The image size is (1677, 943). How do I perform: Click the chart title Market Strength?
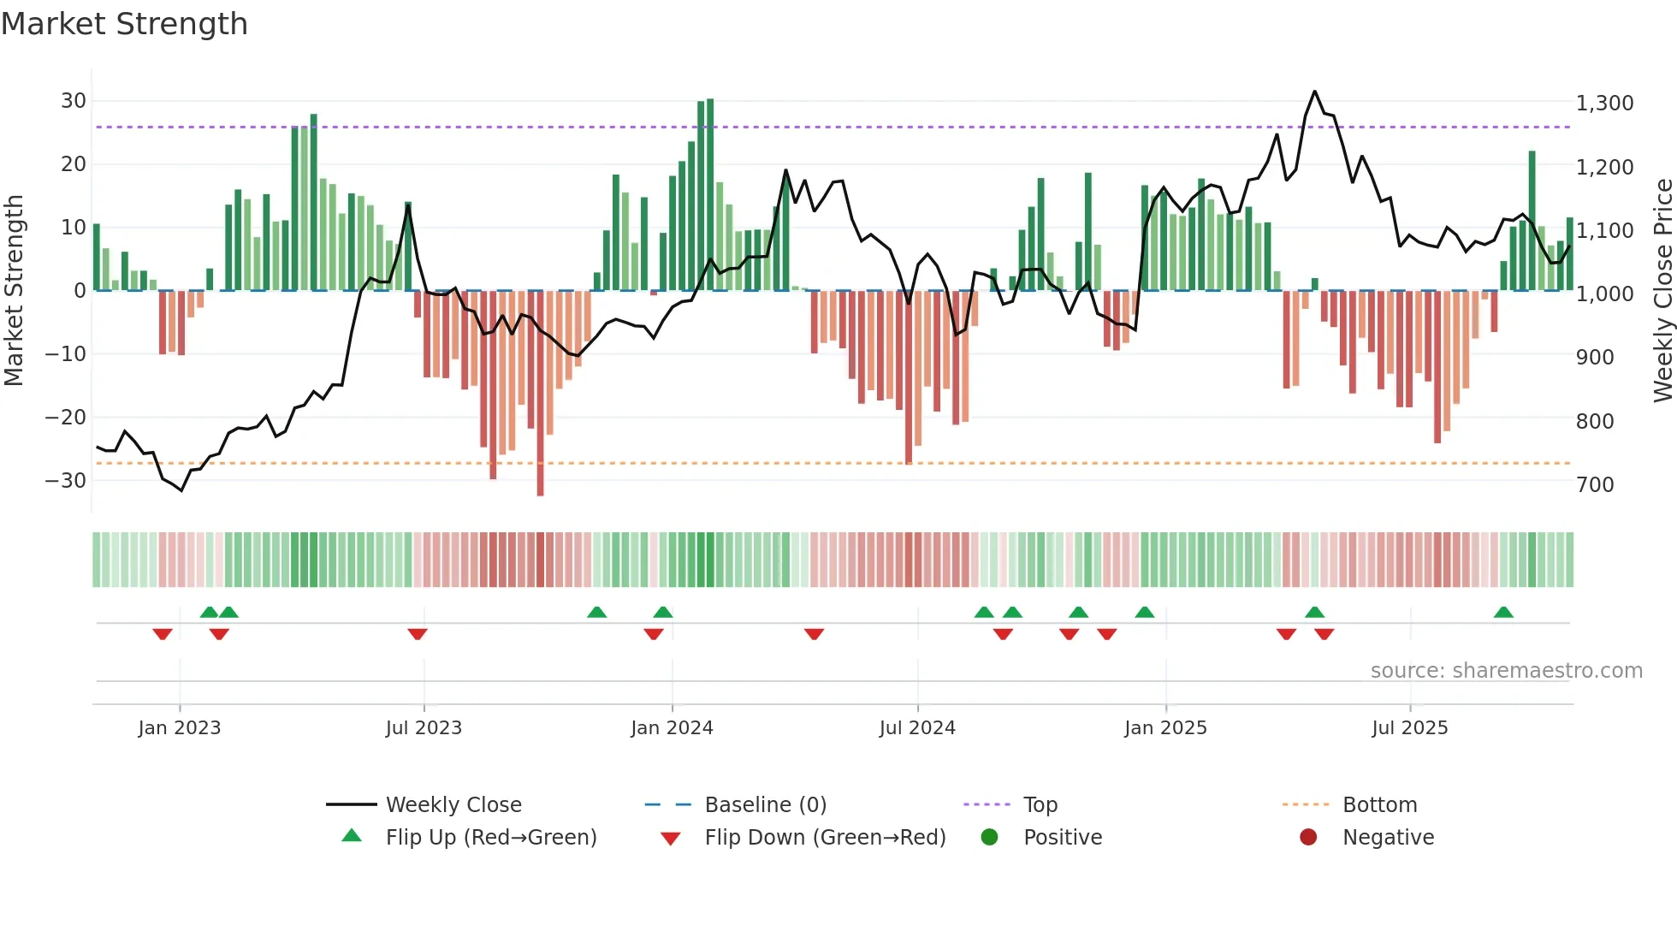click(124, 24)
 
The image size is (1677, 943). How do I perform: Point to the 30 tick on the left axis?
click(74, 101)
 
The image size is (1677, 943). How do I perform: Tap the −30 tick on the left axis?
click(67, 481)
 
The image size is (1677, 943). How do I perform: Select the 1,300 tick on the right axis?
click(1604, 104)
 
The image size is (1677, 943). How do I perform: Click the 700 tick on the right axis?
click(1595, 485)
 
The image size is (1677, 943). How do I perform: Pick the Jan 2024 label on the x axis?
click(672, 728)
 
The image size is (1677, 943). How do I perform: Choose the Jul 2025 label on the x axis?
click(1409, 728)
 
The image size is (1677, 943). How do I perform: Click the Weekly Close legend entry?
click(453, 805)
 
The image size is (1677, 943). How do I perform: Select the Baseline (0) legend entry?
click(765, 805)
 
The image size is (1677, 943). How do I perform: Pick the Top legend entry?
click(1040, 805)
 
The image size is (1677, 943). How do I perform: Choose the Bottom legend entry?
click(1379, 805)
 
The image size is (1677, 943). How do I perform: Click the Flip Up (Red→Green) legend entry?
click(490, 838)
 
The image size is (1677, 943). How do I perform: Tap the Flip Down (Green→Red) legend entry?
click(825, 838)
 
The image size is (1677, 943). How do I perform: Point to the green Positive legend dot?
click(989, 838)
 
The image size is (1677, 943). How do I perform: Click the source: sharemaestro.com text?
click(1506, 671)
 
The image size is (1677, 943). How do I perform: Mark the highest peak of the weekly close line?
click(1315, 92)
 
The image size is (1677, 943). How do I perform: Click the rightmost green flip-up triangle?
click(1503, 613)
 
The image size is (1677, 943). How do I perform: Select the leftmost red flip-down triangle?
click(163, 634)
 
